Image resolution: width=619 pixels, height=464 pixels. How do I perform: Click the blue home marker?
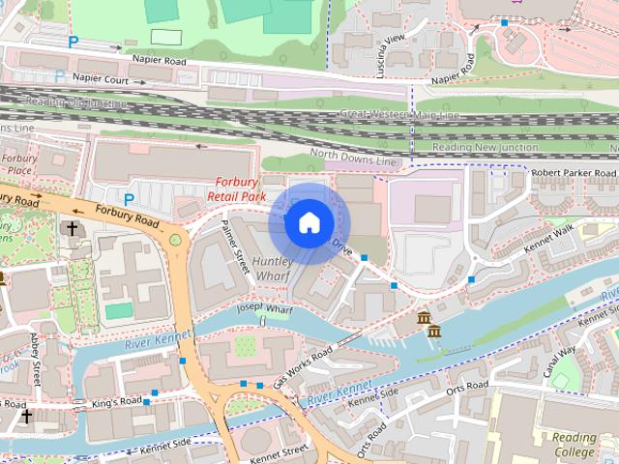point(309,222)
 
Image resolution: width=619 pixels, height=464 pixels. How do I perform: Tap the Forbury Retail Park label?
point(236,188)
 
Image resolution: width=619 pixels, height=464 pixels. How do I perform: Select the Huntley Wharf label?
point(274,269)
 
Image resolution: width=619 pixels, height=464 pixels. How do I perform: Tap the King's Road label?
point(117,401)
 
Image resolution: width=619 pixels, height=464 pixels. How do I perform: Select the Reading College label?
point(575,444)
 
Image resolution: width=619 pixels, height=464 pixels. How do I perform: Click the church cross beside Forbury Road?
point(72,229)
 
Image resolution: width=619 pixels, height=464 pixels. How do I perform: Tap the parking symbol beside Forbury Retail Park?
point(128,200)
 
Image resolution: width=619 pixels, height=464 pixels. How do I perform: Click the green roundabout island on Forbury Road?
point(175,240)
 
